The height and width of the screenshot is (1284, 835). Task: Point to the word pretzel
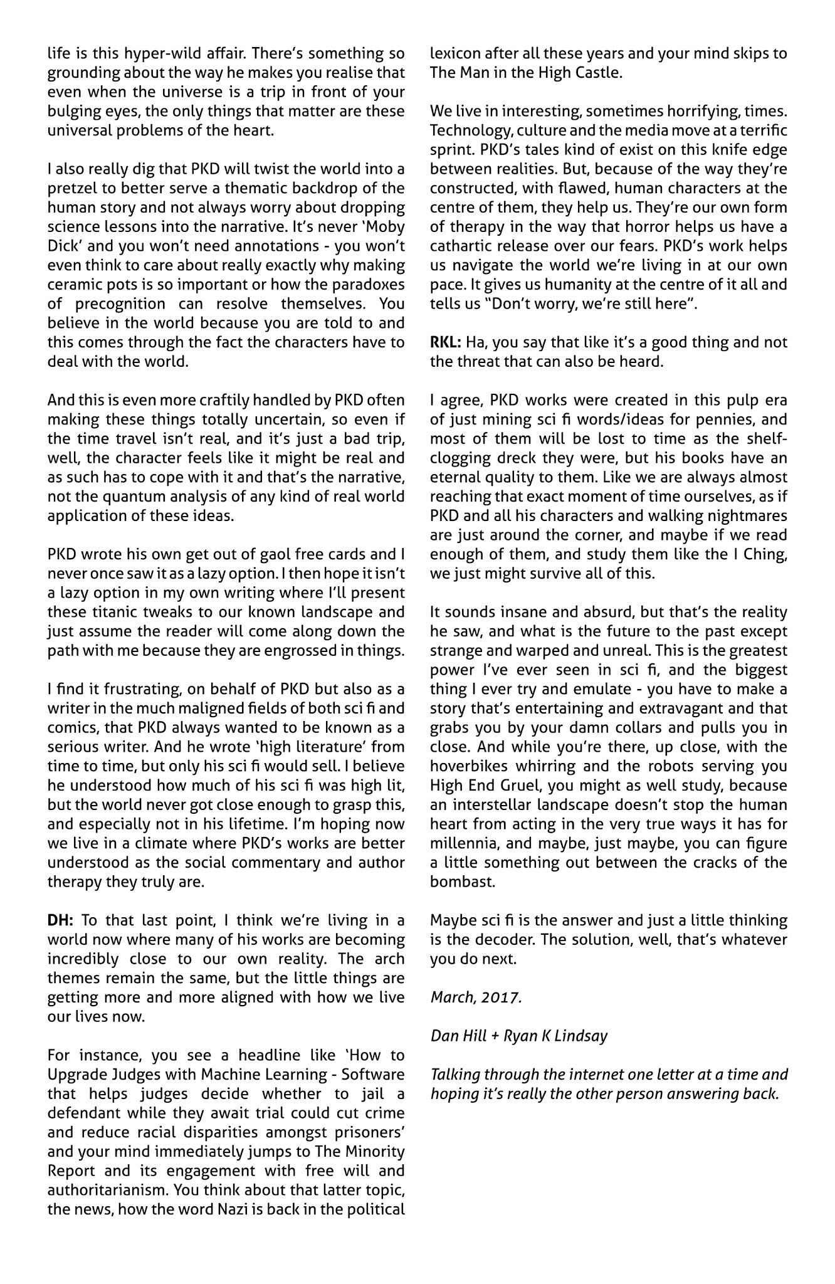pyautogui.click(x=70, y=188)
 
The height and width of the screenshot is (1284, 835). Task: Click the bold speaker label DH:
pyautogui.click(x=60, y=920)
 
